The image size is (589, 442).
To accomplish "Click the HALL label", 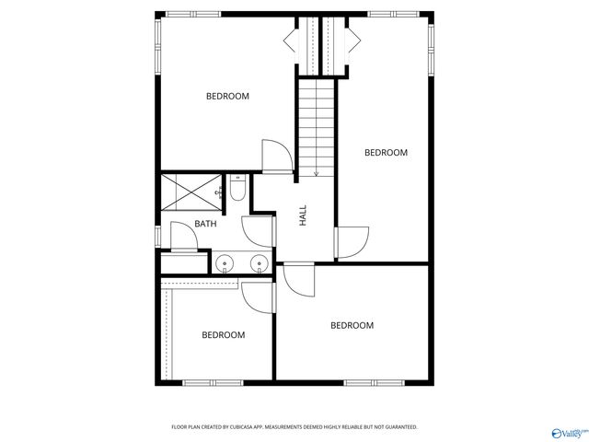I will coord(303,216).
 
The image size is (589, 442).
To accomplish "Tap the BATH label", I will coord(205,224).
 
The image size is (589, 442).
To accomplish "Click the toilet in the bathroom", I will coord(237,191).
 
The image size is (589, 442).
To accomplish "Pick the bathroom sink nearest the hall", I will coord(258,264).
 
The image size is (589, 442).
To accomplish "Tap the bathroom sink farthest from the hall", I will coord(225,264).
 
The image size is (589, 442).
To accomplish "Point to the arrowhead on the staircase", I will coord(316,172).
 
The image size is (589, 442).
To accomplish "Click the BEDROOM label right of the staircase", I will coord(386,153).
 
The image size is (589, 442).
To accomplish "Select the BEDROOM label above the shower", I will coord(227,97).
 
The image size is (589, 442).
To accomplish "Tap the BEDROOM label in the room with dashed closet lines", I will coord(223,335).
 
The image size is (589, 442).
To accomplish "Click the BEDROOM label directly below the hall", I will coord(352,325).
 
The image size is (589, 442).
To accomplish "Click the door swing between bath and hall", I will coord(256,230).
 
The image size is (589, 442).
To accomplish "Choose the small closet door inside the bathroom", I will coord(184,238).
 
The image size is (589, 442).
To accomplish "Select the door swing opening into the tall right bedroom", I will coord(352,242).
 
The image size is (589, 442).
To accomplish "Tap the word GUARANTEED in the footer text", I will coord(397,427).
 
